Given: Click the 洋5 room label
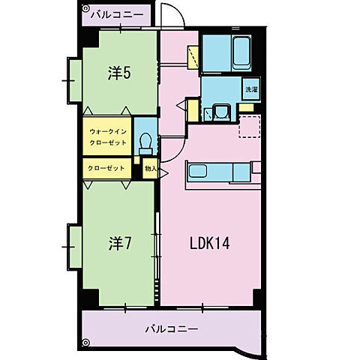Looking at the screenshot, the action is (119, 73).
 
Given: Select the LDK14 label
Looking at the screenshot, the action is (209, 243).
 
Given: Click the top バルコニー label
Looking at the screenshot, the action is (117, 15).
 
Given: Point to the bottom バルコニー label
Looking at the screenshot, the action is (172, 328).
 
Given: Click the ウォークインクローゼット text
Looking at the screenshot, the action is (108, 137).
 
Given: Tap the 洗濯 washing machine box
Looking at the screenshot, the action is (251, 89).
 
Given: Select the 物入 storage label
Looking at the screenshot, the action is (151, 169).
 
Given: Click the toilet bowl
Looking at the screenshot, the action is (145, 144).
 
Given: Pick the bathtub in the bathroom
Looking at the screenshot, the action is (241, 52).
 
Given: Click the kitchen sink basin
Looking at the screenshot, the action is (197, 171).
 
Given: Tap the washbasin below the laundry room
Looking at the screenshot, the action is (221, 112).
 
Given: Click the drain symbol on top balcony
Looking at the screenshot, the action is (85, 8).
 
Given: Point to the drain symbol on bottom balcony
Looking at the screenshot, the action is (85, 342).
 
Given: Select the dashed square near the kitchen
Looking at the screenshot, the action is (250, 127).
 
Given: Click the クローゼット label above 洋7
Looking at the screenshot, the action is (106, 168).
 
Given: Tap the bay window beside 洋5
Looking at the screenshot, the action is (74, 81).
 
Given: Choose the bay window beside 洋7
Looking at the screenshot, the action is (74, 247).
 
